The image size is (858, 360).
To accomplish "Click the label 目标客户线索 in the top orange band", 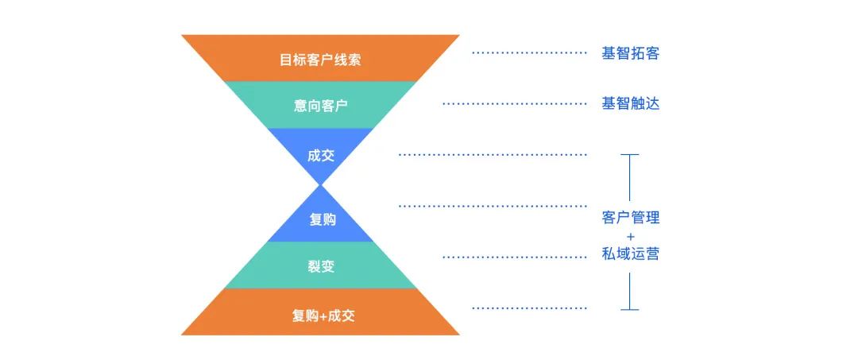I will point(320,60).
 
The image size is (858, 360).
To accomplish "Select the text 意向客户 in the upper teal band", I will point(320,105).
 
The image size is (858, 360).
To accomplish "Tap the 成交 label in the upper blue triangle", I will point(320,155).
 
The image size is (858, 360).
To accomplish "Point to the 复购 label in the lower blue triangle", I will point(320,219).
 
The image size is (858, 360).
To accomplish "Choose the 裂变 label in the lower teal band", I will point(320,266).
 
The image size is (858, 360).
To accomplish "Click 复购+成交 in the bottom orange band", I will point(320,315).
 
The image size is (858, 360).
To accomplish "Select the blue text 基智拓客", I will point(630,53).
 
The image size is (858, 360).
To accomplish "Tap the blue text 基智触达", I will point(630,103).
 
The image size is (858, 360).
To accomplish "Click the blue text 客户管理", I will point(630,217).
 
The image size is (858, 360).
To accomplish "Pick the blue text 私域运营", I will point(630,254).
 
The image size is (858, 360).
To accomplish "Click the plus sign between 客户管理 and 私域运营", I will point(630,236).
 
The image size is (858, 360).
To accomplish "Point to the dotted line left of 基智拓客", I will point(529,53).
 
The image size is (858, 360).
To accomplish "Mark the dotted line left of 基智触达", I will point(514,103).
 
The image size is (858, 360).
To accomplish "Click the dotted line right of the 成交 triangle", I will point(493,154).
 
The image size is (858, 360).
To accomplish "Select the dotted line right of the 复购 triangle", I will point(493,206).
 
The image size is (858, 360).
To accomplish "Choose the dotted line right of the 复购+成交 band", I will point(529,308).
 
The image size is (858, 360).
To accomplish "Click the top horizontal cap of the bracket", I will point(629,155).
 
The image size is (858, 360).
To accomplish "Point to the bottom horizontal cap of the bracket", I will point(629,308).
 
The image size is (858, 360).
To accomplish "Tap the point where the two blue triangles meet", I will point(320,186).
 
